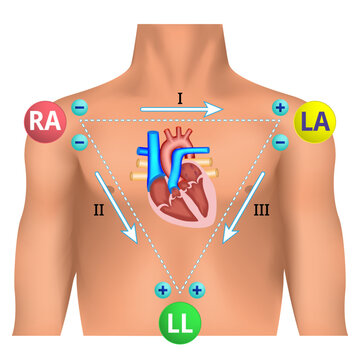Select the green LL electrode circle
pos(179,324)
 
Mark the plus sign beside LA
pos(279,107)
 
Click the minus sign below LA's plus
pos(280,142)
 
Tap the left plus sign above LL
pos(162,290)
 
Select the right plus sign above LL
pos(197,290)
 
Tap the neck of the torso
pos(180,40)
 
